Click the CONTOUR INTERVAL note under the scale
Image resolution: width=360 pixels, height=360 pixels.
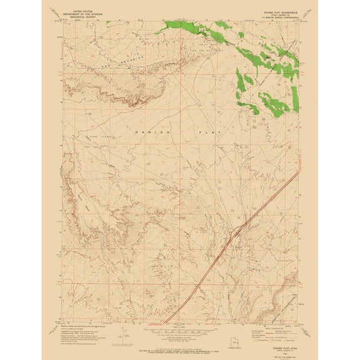(180, 336)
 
